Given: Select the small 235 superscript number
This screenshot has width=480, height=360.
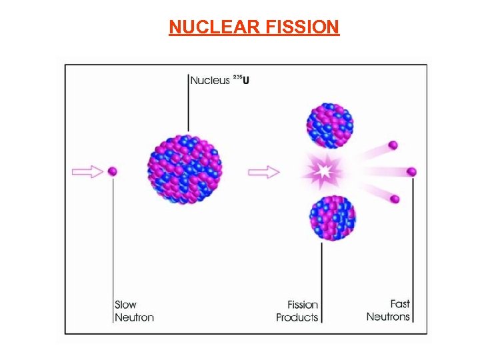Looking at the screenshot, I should [237, 78].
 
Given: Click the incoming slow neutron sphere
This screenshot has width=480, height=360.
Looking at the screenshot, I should [113, 172].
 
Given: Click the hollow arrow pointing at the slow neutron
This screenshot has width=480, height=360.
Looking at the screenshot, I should [87, 172].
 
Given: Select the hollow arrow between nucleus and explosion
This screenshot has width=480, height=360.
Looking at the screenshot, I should [263, 173].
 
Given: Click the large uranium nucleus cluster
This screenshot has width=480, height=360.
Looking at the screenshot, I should [185, 169].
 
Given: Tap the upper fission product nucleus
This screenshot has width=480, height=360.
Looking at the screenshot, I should [329, 125].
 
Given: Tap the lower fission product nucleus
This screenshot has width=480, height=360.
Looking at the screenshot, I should [332, 217].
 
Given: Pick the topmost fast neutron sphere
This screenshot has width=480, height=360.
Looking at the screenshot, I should [393, 145].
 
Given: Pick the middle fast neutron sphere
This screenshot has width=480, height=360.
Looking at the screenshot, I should [412, 172].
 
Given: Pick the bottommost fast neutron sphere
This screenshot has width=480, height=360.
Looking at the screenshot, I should [395, 199].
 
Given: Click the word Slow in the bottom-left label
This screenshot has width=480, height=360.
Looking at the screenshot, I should [125, 305].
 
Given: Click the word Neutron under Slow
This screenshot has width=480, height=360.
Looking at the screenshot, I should [134, 317].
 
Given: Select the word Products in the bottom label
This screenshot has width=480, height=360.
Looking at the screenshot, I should [297, 317].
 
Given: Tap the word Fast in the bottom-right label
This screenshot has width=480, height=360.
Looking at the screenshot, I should [400, 304].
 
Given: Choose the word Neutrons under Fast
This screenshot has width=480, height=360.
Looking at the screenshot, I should [388, 317].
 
